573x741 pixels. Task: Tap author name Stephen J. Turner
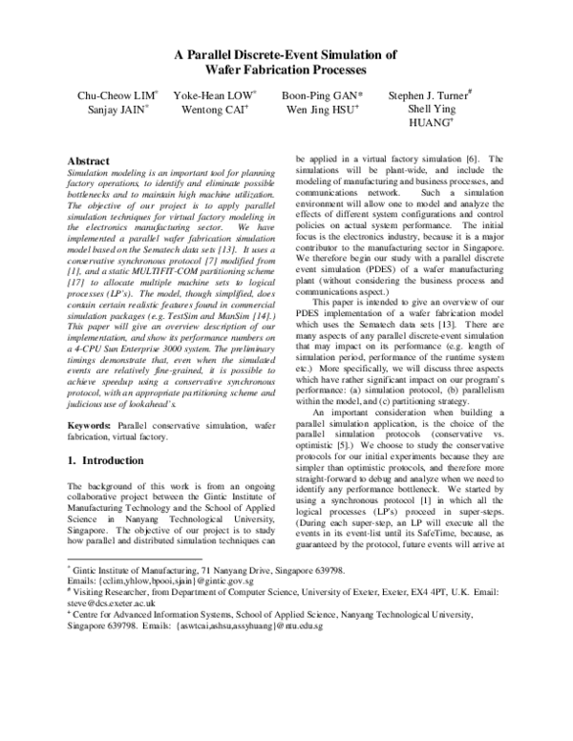coord(428,96)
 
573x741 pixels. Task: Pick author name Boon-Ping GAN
coord(321,96)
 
